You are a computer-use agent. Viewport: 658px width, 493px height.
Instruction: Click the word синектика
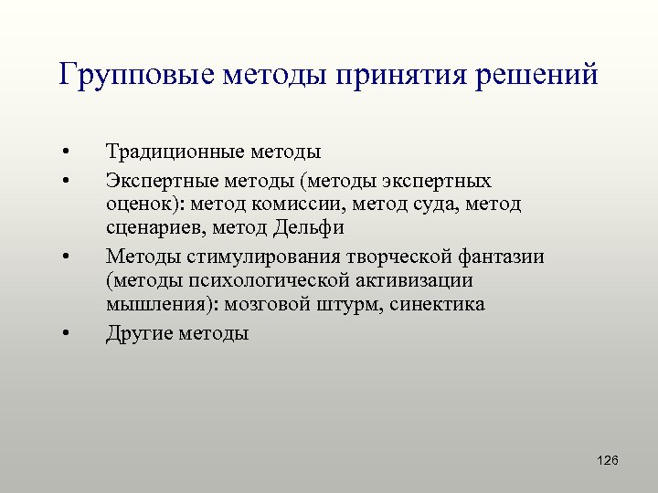(x=437, y=304)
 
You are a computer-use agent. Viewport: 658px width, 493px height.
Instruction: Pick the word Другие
(x=138, y=333)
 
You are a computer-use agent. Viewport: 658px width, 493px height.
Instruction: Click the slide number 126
(x=607, y=460)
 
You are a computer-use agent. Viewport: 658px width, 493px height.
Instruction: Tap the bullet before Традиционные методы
(x=67, y=152)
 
